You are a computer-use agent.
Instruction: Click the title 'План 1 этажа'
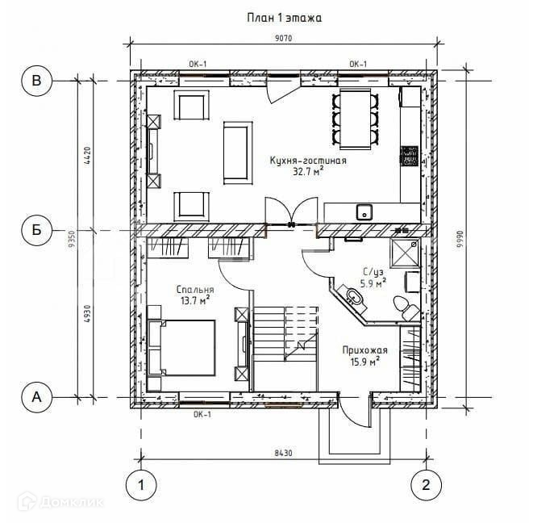point(284,18)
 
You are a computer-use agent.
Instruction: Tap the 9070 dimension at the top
point(283,38)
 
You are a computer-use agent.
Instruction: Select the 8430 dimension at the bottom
point(283,454)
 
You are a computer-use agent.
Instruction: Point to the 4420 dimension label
point(87,156)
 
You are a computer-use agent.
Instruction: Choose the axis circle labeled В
point(37,81)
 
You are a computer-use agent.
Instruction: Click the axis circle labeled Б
point(37,230)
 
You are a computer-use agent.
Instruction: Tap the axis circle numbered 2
point(427,485)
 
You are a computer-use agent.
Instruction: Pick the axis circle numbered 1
point(141,485)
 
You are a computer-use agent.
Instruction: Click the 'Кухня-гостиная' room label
point(308,161)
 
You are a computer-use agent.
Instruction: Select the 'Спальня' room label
point(195,290)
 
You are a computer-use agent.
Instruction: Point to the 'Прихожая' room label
point(364,350)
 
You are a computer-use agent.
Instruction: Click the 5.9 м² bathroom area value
point(373,283)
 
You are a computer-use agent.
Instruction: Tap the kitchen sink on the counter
point(364,212)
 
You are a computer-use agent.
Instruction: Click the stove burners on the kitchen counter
point(409,157)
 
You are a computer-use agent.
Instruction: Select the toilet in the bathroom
point(406,308)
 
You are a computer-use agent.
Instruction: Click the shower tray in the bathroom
point(405,253)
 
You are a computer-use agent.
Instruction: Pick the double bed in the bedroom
point(182,348)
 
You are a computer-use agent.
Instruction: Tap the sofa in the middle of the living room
point(238,153)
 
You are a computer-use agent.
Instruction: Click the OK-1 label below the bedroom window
point(202,415)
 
